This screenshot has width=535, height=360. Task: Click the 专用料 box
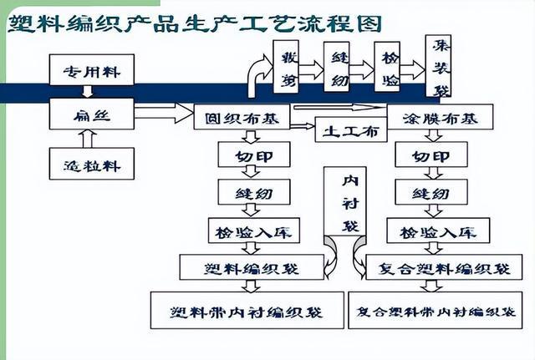click(92, 71)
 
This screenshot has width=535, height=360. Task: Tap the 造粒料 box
click(92, 165)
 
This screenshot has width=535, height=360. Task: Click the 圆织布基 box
click(242, 118)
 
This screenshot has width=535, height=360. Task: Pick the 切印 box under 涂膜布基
click(431, 155)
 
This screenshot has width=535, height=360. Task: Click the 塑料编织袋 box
click(252, 268)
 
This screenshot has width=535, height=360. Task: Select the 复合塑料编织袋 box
click(444, 268)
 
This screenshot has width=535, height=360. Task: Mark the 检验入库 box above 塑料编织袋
click(253, 231)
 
